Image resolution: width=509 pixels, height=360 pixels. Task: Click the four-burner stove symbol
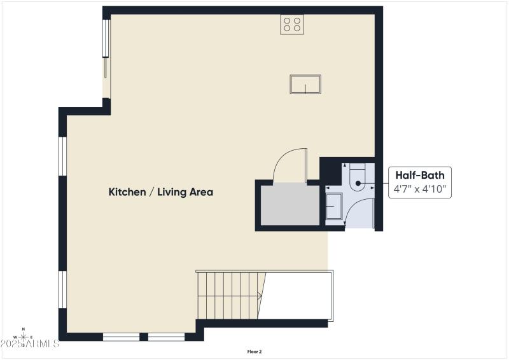pos(292,24)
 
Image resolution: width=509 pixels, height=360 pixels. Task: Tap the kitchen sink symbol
pos(305,84)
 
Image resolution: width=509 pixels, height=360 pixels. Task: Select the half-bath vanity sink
pos(333,207)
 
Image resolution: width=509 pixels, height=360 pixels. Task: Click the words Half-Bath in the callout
pos(420,175)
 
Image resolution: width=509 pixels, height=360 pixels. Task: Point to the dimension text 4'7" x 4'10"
pos(420,189)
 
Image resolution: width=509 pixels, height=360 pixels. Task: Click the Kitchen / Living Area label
pos(160,191)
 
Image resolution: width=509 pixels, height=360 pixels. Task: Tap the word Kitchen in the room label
pos(127,191)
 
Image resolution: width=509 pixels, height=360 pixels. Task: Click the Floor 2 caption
pos(254,351)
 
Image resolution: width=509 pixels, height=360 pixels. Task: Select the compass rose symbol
pos(24,337)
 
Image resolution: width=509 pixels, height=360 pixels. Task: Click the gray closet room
pos(289,205)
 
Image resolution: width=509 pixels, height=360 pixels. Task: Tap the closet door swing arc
pos(288,162)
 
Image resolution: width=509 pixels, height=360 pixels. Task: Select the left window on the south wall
pos(121,336)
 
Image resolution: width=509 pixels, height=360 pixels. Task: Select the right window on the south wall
pos(167,336)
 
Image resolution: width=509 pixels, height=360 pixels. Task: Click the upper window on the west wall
pos(62,155)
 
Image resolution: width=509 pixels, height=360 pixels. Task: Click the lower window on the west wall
pos(62,289)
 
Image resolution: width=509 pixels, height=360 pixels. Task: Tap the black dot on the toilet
pos(358,183)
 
